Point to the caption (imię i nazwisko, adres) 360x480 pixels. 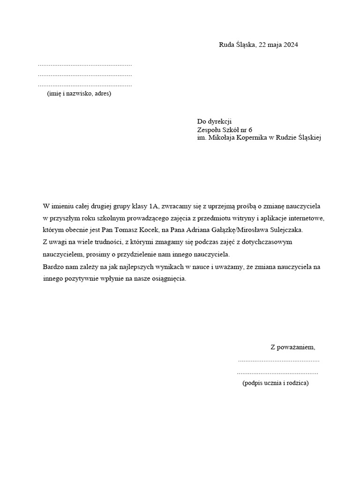coord(79,94)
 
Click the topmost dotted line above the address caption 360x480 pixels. coord(85,65)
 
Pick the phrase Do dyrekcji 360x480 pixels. coord(215,121)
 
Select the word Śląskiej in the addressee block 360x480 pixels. coord(307,138)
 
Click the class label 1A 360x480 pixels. coord(154,206)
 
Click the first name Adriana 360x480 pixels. coord(220,230)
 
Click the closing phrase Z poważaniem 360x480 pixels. coord(292,347)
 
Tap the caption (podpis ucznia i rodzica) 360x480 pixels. coord(276,383)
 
